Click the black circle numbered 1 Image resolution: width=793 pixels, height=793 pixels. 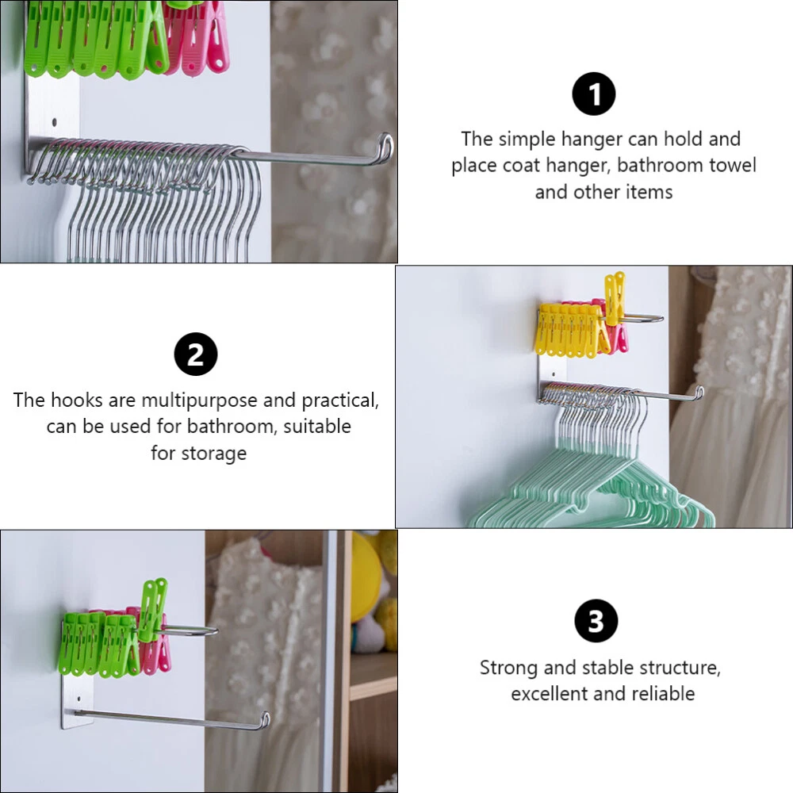click(593, 94)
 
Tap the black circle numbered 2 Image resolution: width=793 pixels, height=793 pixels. click(196, 354)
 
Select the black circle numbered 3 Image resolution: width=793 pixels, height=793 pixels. click(596, 621)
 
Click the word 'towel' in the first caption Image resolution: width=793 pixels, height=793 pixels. click(732, 166)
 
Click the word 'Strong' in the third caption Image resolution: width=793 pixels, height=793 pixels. click(509, 668)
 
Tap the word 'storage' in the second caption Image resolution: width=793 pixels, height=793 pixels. click(214, 454)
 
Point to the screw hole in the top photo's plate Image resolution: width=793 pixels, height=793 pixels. click(55, 122)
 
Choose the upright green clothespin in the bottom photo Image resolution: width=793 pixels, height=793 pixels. click(152, 609)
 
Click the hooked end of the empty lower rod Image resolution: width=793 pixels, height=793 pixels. click(264, 720)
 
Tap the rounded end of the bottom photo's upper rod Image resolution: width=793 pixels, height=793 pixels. click(213, 631)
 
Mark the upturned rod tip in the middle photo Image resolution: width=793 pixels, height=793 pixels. click(699, 393)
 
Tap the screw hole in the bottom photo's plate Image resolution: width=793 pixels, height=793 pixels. click(79, 699)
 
